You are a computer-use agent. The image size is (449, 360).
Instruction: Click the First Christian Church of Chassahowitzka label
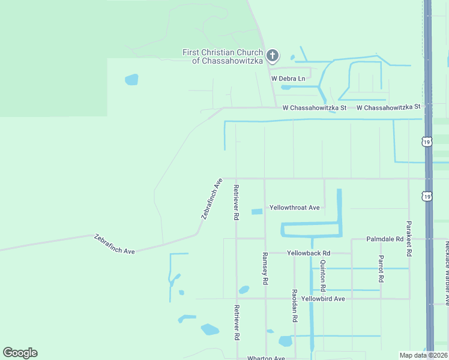pyautogui.click(x=223, y=56)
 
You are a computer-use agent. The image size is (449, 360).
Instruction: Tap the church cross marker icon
pyautogui.click(x=273, y=56)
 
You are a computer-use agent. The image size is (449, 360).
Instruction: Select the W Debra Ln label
pyautogui.click(x=288, y=79)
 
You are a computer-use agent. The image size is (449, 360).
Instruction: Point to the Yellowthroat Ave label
pyautogui.click(x=294, y=208)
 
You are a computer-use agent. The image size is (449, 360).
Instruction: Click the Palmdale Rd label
pyautogui.click(x=385, y=239)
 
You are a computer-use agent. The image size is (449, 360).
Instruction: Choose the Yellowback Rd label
pyautogui.click(x=309, y=253)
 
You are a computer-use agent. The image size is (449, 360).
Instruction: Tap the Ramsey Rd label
pyautogui.click(x=265, y=268)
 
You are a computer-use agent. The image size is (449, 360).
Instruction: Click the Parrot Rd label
pyautogui.click(x=381, y=269)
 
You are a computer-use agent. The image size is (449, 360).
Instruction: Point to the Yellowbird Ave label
pyautogui.click(x=323, y=298)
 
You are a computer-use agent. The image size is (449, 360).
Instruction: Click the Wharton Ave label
pyautogui.click(x=266, y=358)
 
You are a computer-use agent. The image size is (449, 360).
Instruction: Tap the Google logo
pyautogui.click(x=20, y=353)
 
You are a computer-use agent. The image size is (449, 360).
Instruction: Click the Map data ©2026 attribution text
pyautogui.click(x=423, y=355)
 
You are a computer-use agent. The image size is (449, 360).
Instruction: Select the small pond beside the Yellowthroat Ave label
pyautogui.click(x=257, y=211)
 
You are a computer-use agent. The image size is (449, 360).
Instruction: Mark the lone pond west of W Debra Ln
pyautogui.click(x=131, y=80)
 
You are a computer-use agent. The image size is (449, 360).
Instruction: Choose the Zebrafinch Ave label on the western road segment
pyautogui.click(x=114, y=244)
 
